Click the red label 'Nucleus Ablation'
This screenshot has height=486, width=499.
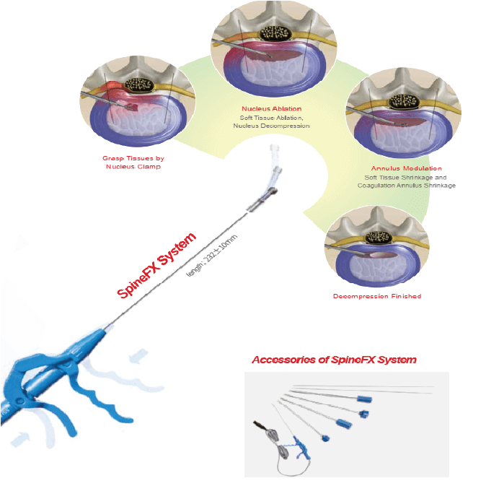(273, 108)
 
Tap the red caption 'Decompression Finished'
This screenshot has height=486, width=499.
(376, 296)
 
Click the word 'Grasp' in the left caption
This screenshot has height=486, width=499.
(112, 157)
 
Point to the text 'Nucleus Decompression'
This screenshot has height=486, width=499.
(271, 126)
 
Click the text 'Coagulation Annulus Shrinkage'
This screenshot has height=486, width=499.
(406, 186)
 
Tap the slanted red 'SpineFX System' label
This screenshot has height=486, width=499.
(156, 266)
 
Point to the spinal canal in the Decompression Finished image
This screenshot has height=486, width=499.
(378, 238)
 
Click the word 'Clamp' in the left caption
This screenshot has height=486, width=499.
(146, 166)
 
